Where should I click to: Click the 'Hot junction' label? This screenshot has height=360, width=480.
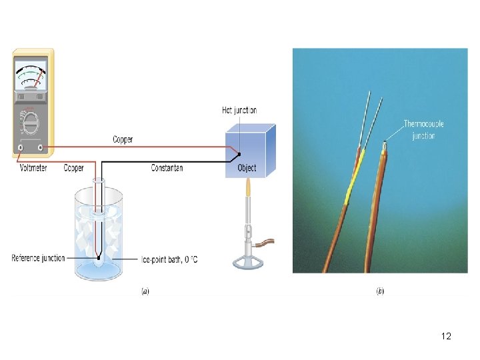point(239,110)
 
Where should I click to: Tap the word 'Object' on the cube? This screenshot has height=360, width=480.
point(247,168)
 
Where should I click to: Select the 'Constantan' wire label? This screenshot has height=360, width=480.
point(167,168)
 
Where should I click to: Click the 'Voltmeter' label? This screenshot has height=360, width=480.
point(32,168)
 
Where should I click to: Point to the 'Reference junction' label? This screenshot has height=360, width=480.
point(38,258)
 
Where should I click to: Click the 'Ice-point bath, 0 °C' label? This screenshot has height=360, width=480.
point(169,259)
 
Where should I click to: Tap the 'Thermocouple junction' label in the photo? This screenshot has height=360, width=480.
point(423,129)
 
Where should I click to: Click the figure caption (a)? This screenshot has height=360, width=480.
point(145,291)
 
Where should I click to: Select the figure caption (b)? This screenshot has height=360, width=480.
point(379,291)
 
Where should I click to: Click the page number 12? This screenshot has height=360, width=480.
point(446,336)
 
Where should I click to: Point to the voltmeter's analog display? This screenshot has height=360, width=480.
point(31,75)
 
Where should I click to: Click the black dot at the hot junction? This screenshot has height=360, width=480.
point(239,153)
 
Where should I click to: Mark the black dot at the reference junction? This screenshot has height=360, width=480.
point(99,257)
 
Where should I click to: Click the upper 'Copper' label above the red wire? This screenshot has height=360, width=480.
point(123,139)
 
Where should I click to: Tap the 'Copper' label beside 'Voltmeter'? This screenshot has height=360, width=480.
point(73,168)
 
